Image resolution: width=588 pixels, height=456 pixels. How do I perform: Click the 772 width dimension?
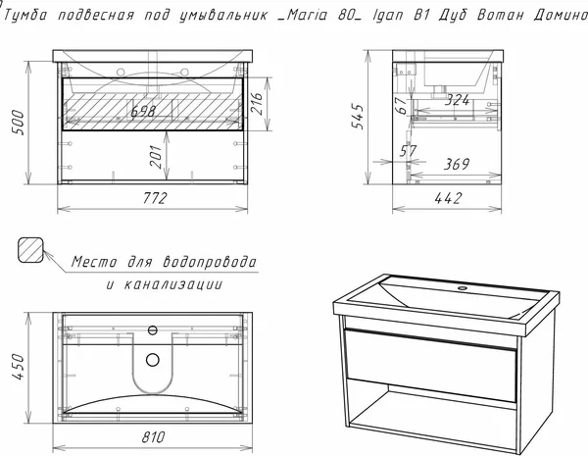coord(155,198)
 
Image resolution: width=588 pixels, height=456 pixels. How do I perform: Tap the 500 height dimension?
coord(18,123)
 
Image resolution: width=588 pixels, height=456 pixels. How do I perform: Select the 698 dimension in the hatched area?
coord(143,112)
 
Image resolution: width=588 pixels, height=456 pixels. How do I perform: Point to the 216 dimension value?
coord(257,104)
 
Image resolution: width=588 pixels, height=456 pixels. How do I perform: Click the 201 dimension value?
coord(157,157)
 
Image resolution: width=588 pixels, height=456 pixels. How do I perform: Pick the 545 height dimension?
coord(358,117)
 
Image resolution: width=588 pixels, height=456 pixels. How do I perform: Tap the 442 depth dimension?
coord(448,198)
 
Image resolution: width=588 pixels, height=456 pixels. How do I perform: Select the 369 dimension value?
coord(457,164)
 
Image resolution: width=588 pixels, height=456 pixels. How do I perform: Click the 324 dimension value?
coord(457,100)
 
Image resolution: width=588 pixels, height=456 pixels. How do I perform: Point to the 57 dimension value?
coord(408,151)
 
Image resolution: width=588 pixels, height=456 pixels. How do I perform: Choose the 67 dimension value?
coord(401,106)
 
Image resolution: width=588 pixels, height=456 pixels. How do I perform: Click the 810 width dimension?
coord(153,436)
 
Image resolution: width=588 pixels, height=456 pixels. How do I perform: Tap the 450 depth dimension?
coord(19,367)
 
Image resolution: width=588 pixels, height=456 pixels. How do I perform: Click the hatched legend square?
coord(30,250)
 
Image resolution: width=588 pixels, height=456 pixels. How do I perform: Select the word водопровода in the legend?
coord(210,262)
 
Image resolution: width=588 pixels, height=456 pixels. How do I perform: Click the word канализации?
coord(172,284)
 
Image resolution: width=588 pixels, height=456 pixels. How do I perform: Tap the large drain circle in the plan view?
coord(153,360)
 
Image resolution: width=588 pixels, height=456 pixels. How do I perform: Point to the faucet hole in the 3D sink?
coord(462,288)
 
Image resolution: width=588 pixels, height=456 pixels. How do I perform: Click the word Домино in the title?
coord(561,15)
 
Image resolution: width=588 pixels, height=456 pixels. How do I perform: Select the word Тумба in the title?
coord(26,15)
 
